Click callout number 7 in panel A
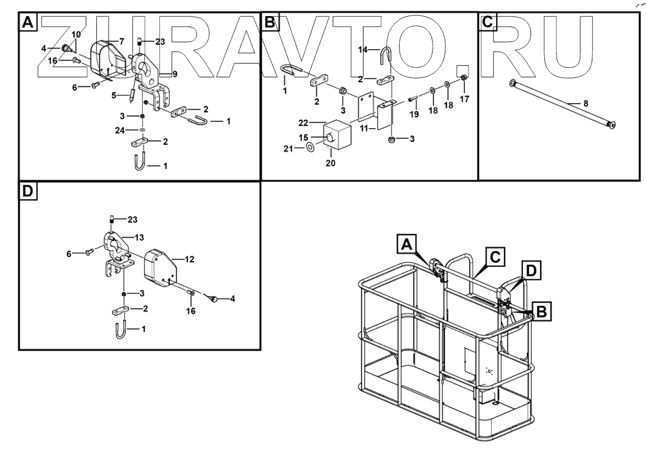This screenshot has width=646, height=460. pyautogui.click(x=122, y=41)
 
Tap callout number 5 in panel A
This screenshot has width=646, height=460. pyautogui.click(x=113, y=95)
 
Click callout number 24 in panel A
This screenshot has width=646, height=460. pyautogui.click(x=120, y=130)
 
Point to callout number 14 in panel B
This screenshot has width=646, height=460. pyautogui.click(x=363, y=49)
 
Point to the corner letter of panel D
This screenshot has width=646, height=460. pyautogui.click(x=28, y=192)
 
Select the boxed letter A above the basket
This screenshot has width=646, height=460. pyautogui.click(x=406, y=244)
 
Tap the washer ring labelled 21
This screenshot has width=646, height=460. pyautogui.click(x=311, y=147)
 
